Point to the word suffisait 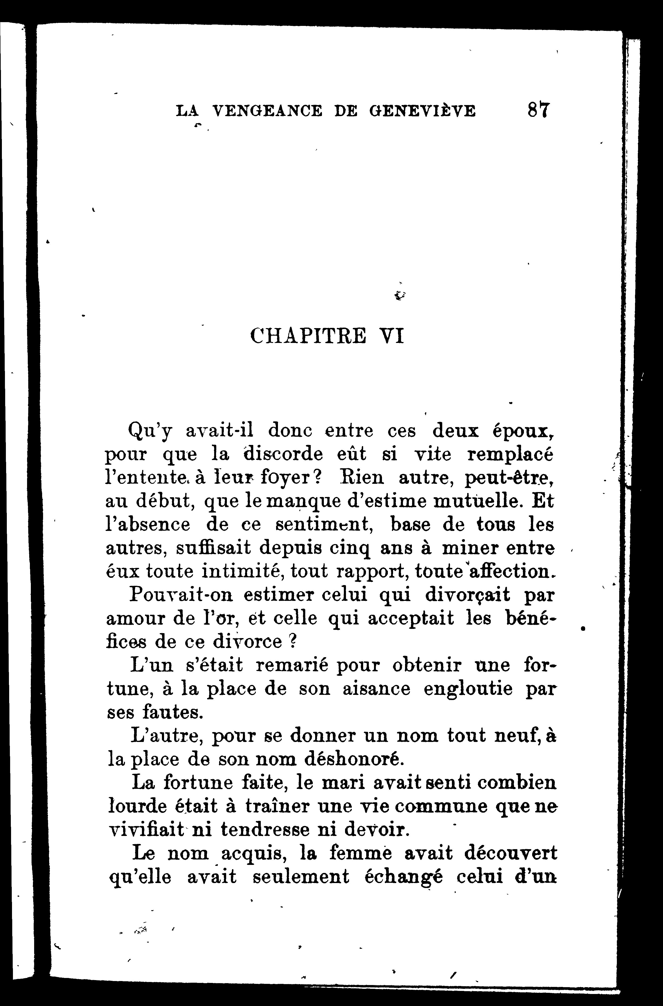point(213,548)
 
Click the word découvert point(510,853)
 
